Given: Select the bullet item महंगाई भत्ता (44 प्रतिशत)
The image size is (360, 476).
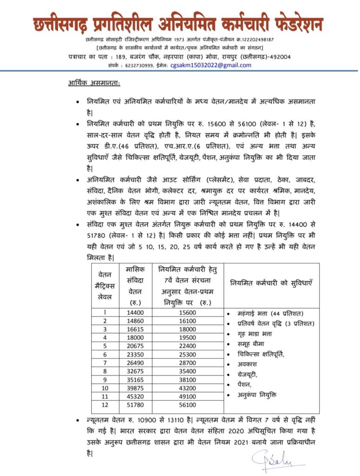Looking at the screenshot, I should tap(270, 312).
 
